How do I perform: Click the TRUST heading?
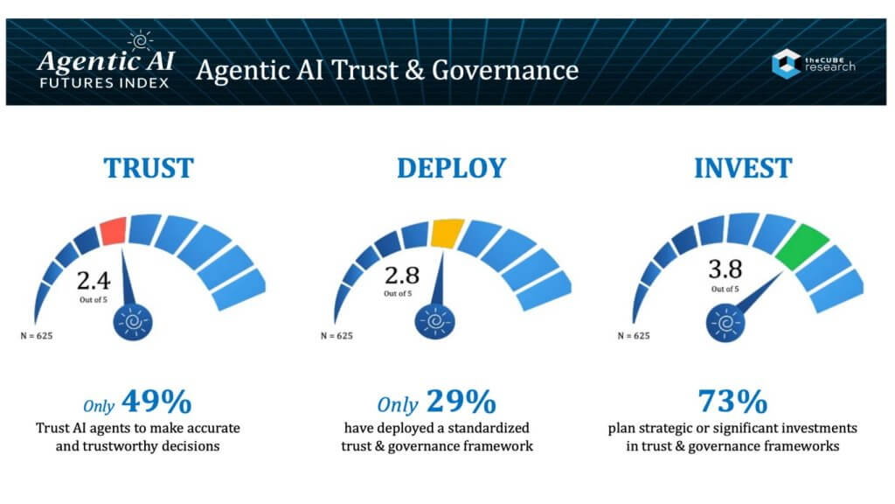[149, 167]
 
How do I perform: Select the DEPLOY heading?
[451, 167]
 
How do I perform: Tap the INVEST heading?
[743, 167]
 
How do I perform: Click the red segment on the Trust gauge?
[113, 232]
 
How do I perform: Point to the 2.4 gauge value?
[95, 281]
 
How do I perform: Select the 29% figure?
[461, 402]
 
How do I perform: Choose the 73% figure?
[732, 402]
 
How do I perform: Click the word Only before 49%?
[99, 405]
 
